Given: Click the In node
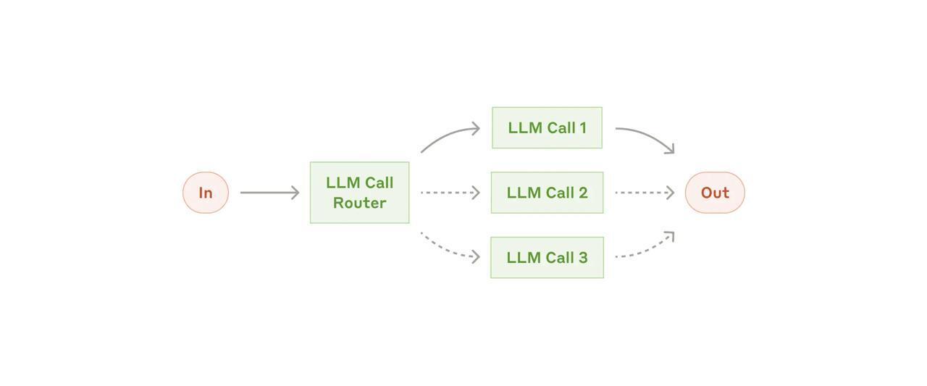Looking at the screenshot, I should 206,193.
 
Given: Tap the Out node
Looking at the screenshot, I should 715,193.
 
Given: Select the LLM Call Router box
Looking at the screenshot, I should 359,193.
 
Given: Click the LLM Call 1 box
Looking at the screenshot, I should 547,128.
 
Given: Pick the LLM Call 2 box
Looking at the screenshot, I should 547,193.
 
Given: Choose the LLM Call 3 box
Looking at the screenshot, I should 547,258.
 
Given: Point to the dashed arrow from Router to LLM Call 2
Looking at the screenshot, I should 449,193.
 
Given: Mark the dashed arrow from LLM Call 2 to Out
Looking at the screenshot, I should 643,193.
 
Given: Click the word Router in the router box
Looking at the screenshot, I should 359,203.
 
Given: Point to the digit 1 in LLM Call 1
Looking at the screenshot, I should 582,128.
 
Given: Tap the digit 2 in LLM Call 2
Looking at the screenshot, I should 583,193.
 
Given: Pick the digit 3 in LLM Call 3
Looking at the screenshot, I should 583,258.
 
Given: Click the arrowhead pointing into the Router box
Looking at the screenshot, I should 295,193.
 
